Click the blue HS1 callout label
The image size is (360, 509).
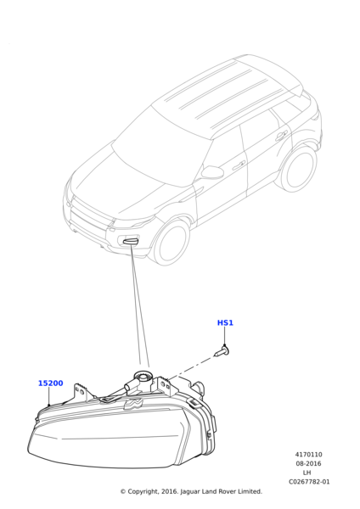[225, 322]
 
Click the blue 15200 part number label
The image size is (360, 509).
[51, 383]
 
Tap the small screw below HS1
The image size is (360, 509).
[222, 351]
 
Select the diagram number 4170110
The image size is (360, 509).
[309, 455]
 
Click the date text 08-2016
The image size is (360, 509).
[309, 463]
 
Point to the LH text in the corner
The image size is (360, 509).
[307, 473]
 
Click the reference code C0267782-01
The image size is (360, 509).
[309, 482]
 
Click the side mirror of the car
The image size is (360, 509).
[211, 171]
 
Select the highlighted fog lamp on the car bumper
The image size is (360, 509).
[130, 241]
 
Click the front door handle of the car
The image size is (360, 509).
[238, 165]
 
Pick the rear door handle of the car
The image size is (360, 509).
[281, 135]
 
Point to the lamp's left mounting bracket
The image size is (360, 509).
[81, 392]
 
